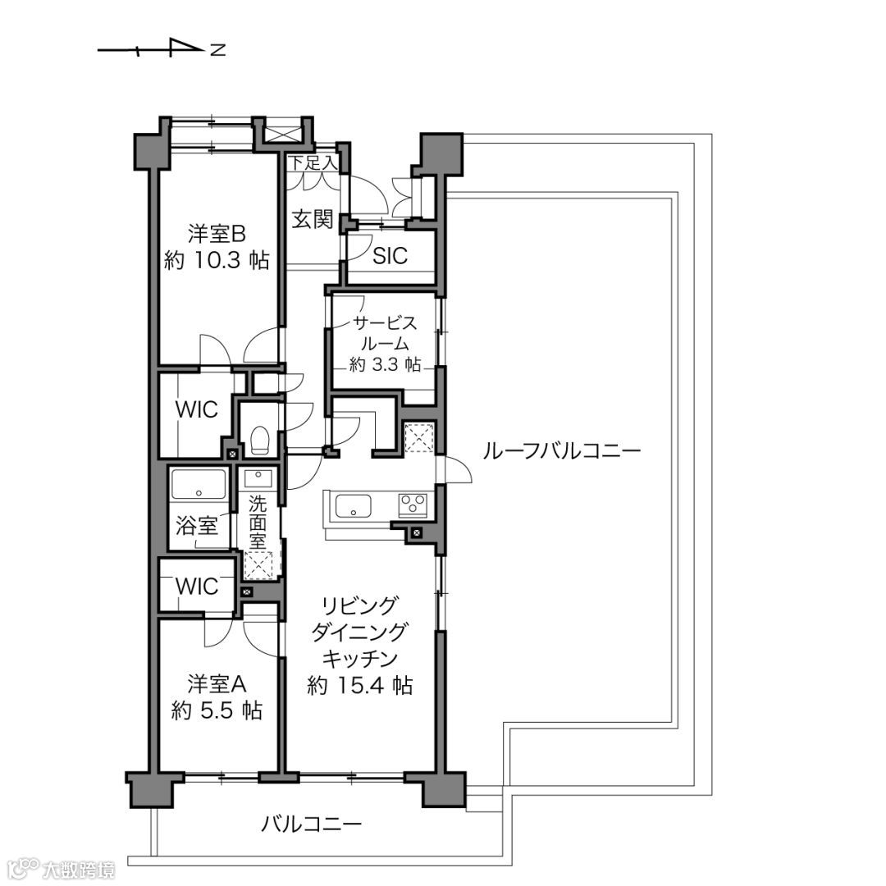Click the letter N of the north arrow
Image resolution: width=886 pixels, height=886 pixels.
click(x=218, y=50)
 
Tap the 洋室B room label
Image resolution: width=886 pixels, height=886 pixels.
click(x=217, y=232)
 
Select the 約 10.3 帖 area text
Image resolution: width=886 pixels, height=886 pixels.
click(x=217, y=260)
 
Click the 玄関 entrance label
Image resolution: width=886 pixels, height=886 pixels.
click(x=313, y=219)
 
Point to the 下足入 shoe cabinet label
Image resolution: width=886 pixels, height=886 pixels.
click(x=313, y=163)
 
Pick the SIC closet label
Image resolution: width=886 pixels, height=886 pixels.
click(x=390, y=256)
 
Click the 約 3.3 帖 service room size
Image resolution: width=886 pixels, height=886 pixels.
click(x=385, y=364)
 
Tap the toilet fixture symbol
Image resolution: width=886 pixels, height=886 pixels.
click(x=259, y=439)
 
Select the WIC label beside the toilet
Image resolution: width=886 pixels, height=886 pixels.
click(x=197, y=409)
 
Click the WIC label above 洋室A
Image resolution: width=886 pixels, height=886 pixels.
click(x=197, y=587)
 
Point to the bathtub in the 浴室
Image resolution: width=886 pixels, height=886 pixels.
click(x=199, y=483)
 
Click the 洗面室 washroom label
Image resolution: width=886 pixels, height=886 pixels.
click(x=257, y=522)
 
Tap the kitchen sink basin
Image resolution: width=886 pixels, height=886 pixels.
click(x=353, y=505)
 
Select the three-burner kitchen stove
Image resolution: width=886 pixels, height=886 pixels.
click(x=413, y=505)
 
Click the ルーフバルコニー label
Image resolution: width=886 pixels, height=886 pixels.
click(x=562, y=451)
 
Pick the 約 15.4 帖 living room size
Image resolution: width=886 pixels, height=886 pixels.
click(x=360, y=685)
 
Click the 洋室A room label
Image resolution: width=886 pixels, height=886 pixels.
click(x=217, y=684)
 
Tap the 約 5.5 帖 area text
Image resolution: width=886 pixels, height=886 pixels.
click(x=217, y=710)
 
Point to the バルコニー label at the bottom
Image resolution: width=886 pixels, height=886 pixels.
click(x=312, y=824)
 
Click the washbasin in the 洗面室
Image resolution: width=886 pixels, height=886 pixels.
click(x=258, y=478)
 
